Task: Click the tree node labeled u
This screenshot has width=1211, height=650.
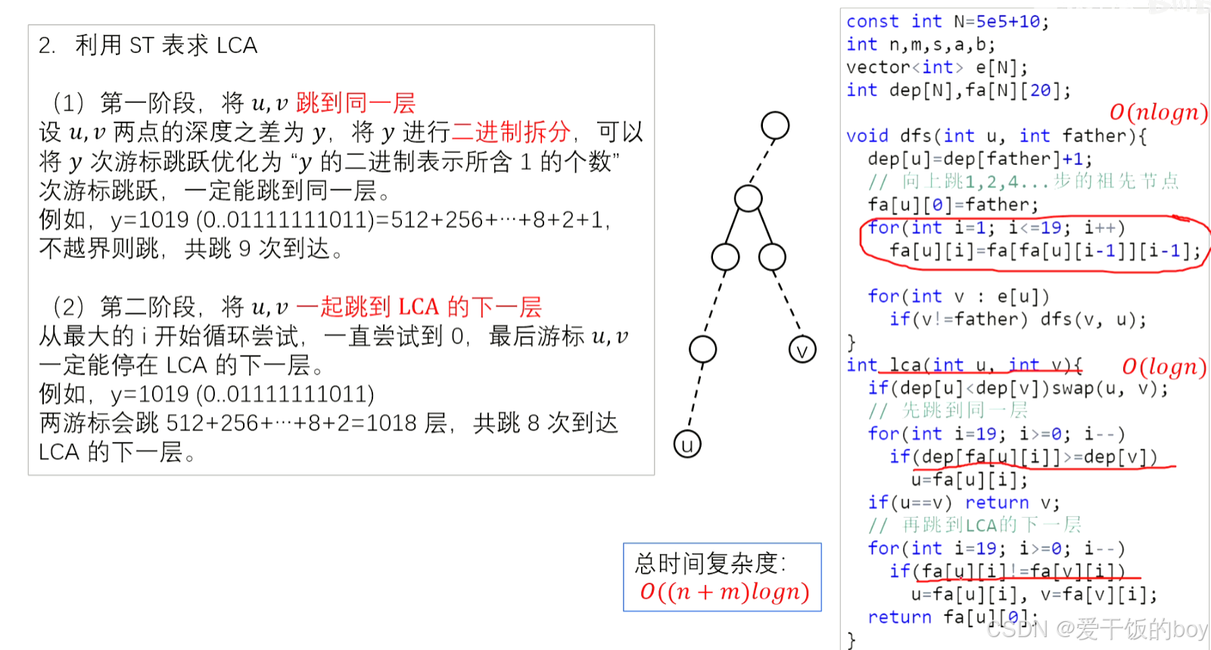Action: [687, 444]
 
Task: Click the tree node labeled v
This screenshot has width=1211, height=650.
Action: [802, 350]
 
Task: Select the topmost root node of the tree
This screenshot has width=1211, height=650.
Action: [775, 126]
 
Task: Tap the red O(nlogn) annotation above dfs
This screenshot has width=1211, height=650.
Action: [1158, 113]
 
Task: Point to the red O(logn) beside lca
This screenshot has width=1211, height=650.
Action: [1163, 367]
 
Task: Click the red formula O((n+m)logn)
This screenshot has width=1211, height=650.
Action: [724, 591]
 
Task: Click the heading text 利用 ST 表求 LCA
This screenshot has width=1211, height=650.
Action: [166, 45]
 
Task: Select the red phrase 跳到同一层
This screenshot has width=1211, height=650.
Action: [355, 103]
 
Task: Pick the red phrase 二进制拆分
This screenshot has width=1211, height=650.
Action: [511, 132]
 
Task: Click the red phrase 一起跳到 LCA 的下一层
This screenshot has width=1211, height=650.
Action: [419, 307]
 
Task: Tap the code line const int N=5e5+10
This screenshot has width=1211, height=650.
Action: [947, 22]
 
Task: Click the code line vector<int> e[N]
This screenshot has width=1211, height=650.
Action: [937, 67]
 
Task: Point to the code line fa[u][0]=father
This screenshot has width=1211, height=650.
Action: [953, 204]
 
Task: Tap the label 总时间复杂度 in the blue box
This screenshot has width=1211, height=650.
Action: [710, 563]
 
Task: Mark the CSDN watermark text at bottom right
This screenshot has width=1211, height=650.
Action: [1097, 629]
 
